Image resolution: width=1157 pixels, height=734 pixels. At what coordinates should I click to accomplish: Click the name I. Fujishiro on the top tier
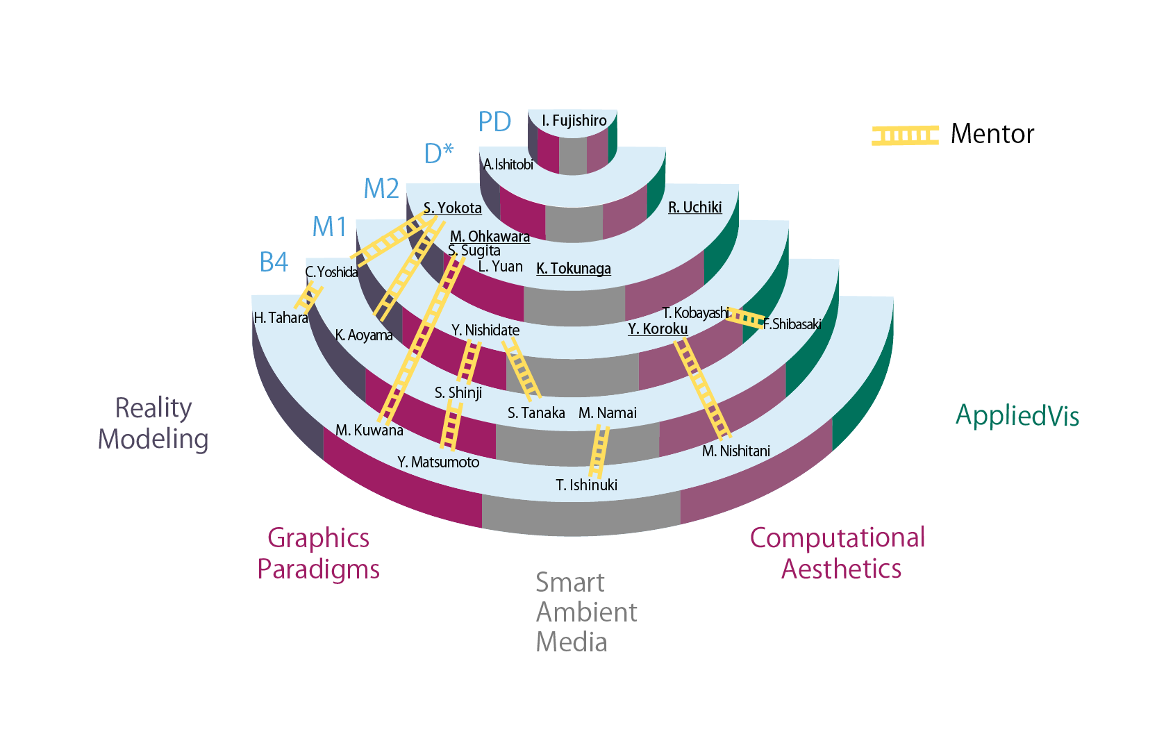[574, 121]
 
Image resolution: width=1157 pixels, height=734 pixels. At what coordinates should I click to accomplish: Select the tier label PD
[494, 122]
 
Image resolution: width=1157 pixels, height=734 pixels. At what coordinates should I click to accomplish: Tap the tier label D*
[438, 153]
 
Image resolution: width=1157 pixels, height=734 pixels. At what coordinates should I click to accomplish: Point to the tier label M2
[381, 189]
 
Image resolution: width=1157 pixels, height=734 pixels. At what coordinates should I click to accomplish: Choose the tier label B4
[274, 262]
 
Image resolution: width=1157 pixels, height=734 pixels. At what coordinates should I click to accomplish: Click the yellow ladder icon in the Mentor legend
[905, 135]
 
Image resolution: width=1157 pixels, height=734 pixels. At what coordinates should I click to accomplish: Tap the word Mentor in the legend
[992, 134]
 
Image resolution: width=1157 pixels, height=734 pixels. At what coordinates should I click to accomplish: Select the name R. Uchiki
[694, 208]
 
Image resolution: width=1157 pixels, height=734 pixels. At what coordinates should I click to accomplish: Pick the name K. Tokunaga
[573, 269]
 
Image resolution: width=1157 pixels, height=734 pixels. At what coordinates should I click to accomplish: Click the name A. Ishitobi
[508, 165]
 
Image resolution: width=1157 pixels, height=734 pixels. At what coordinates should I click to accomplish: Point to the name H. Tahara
[281, 318]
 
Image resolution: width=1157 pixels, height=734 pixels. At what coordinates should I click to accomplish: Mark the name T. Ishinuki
[586, 485]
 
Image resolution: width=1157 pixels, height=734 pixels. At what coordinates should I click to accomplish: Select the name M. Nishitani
[735, 451]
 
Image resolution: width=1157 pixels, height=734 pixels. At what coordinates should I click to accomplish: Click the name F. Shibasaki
[792, 324]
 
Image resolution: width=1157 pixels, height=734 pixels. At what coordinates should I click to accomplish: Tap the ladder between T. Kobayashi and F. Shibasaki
[745, 318]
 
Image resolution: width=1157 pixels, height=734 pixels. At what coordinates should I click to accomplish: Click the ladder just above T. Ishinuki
[598, 451]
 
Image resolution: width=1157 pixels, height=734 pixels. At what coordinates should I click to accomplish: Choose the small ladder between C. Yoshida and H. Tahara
[308, 297]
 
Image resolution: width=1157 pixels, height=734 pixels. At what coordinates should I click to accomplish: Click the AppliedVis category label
[1017, 416]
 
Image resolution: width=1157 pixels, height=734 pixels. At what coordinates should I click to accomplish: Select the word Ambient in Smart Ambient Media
[586, 612]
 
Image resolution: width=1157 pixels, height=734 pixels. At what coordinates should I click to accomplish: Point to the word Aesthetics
[841, 569]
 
